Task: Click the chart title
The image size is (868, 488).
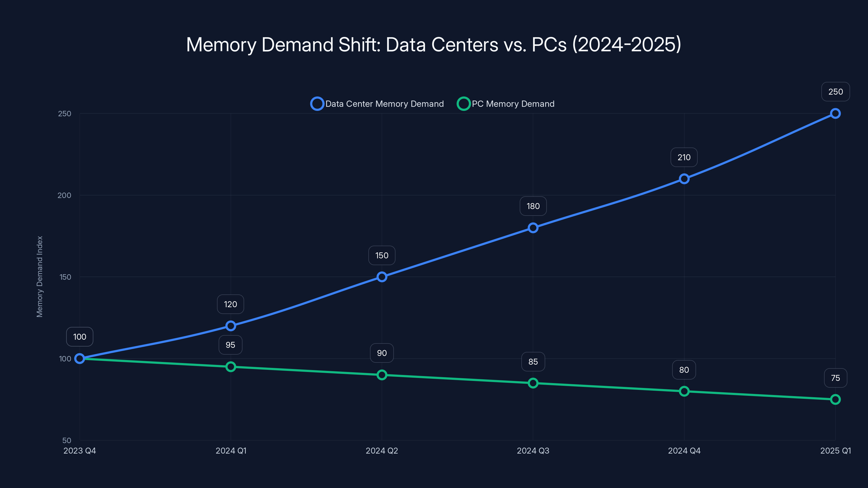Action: click(434, 44)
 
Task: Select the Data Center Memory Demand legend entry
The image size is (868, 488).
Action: click(377, 104)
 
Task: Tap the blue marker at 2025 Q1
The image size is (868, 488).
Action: click(835, 114)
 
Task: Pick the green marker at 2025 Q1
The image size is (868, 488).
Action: click(835, 399)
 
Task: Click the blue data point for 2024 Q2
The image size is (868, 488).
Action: click(382, 277)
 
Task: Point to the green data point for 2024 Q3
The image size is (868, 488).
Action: click(533, 383)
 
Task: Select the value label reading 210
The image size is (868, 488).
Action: click(684, 157)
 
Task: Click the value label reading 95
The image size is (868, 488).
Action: click(231, 345)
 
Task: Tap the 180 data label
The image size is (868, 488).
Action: click(533, 206)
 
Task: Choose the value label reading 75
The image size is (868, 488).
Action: click(835, 378)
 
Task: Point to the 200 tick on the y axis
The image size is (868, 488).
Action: click(64, 195)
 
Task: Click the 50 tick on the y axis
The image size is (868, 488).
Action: click(67, 440)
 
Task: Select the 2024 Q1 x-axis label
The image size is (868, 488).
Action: click(231, 451)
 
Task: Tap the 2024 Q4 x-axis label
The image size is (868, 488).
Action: click(684, 451)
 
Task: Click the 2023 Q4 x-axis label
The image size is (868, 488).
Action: click(80, 451)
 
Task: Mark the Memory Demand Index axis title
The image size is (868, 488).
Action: click(40, 277)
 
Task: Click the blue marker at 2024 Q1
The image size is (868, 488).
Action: click(231, 326)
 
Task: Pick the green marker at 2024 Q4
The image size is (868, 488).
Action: click(684, 391)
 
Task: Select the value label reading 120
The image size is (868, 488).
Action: click(231, 304)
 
